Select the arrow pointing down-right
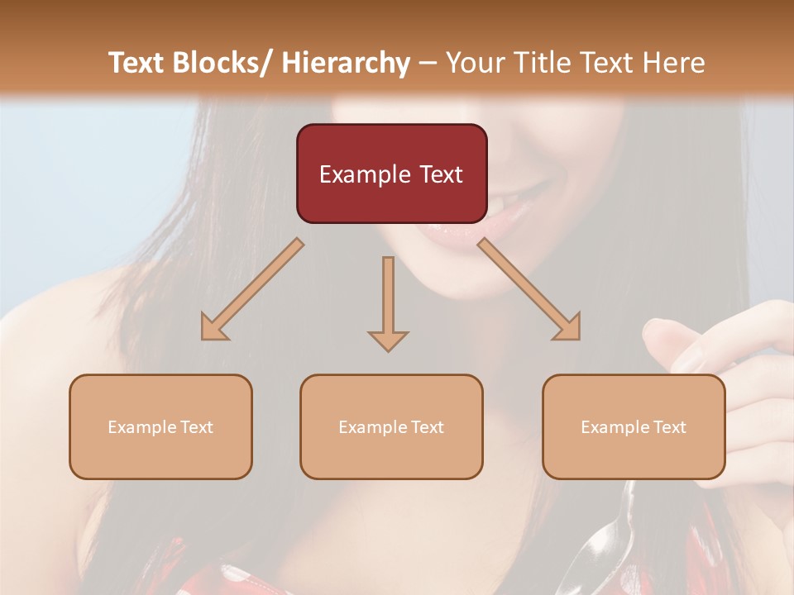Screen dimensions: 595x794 [x=529, y=290]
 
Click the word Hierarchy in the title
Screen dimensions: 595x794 [x=346, y=63]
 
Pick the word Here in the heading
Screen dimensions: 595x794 [x=673, y=63]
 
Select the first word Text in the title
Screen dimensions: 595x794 [x=138, y=63]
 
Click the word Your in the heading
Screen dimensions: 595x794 [x=475, y=63]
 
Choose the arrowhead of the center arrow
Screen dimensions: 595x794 [x=388, y=340]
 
